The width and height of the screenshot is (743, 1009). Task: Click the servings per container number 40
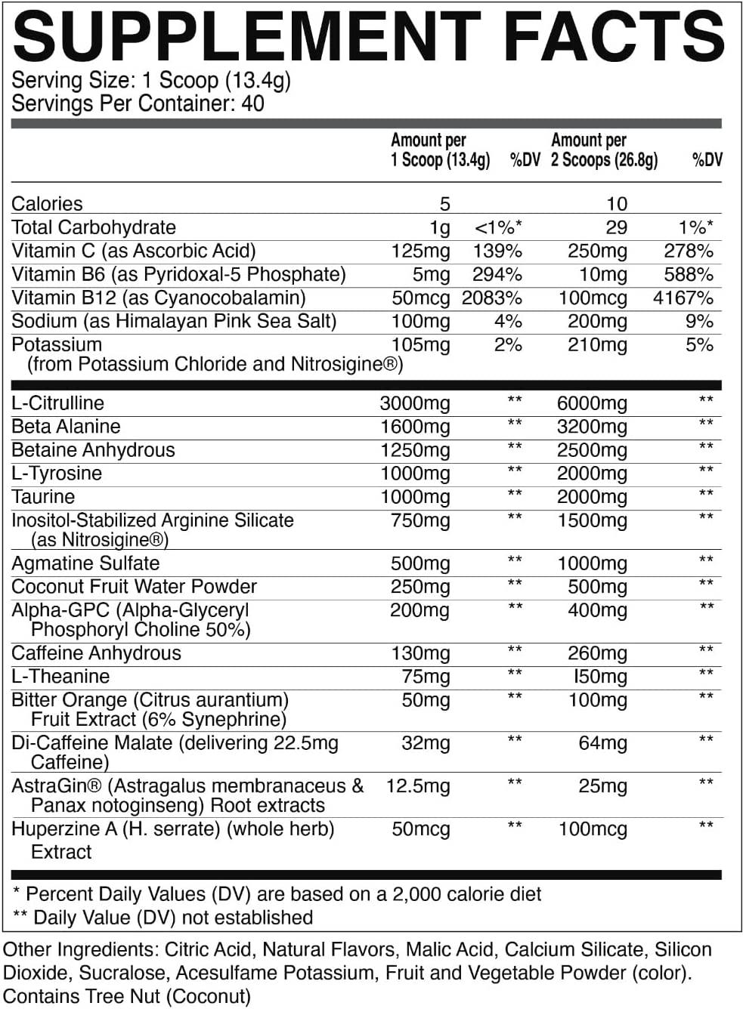[252, 103]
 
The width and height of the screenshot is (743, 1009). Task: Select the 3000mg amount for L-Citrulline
[415, 403]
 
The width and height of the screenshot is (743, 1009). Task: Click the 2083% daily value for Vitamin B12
[492, 298]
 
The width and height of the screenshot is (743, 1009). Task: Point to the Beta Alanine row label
[66, 427]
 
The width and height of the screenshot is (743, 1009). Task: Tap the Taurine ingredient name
[43, 497]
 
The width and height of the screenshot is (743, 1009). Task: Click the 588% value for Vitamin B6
[689, 274]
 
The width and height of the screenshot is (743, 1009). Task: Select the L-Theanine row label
[60, 677]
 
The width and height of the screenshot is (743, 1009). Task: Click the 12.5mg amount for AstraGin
[418, 786]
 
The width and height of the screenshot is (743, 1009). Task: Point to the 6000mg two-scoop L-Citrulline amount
[592, 403]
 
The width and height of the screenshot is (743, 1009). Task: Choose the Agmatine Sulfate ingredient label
[85, 563]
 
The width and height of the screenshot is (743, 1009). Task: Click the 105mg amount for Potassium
[420, 345]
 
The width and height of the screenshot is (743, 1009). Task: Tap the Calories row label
[47, 204]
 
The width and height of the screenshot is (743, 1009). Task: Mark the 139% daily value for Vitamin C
[497, 251]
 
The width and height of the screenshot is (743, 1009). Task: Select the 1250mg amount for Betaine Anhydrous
[415, 450]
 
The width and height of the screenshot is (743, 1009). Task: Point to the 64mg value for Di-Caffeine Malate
[602, 743]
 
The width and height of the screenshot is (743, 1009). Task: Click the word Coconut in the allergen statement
[209, 996]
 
